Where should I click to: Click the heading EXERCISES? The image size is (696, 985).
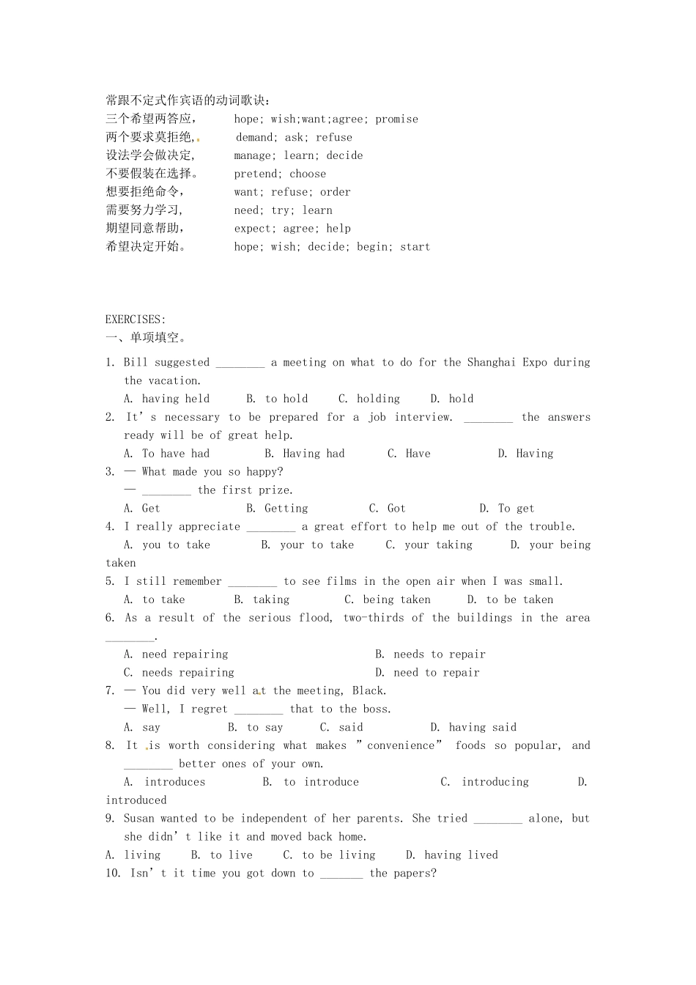tap(136, 320)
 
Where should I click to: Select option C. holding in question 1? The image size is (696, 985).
tap(369, 399)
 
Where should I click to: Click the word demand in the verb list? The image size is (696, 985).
tap(255, 137)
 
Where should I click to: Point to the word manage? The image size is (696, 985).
tap(253, 155)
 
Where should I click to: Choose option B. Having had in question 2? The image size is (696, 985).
tap(304, 454)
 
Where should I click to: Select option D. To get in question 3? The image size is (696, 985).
tap(507, 509)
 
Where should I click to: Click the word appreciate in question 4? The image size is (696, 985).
tap(209, 527)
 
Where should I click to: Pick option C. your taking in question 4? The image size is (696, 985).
tap(429, 545)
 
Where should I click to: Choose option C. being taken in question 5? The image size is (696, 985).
tap(388, 600)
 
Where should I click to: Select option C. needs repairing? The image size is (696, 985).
tap(179, 673)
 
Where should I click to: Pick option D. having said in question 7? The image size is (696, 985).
tap(473, 728)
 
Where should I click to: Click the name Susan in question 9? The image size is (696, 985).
tap(138, 819)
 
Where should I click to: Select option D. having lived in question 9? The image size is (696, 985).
tap(452, 855)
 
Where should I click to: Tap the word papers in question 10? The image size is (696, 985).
tap(412, 874)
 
